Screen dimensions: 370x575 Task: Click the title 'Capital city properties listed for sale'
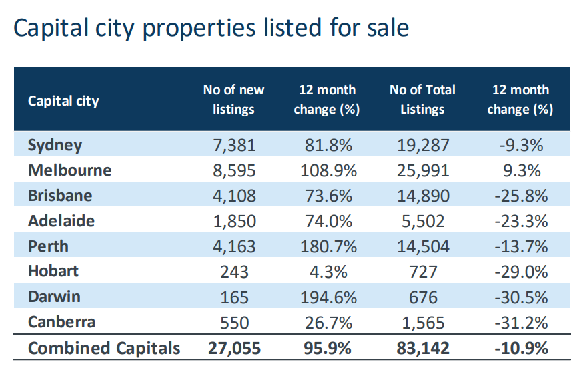click(x=211, y=29)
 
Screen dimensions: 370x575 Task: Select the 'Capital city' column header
click(x=63, y=101)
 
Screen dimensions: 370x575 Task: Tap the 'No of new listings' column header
click(x=233, y=100)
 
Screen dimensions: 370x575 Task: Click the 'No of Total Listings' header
click(x=422, y=100)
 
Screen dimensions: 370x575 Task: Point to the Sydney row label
click(x=55, y=145)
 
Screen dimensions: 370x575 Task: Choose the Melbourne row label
click(x=69, y=170)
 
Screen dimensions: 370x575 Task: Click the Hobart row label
click(x=53, y=271)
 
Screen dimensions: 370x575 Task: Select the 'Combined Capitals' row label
click(x=104, y=348)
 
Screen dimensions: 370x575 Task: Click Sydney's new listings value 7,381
click(x=233, y=146)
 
